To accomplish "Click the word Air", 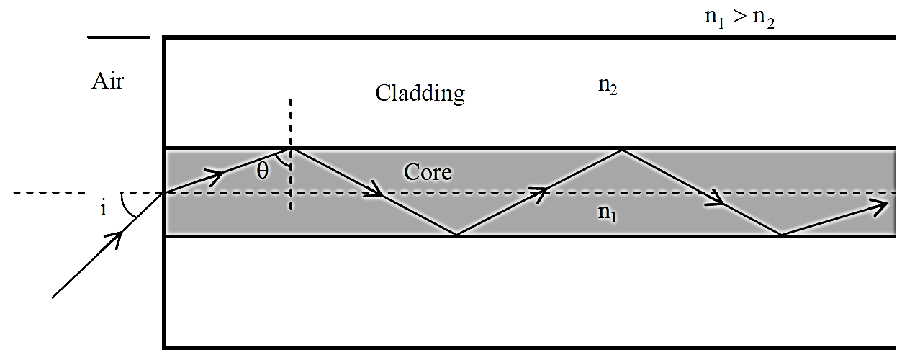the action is [107, 81].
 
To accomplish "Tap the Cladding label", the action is [420, 94].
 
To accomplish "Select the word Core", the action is [428, 172].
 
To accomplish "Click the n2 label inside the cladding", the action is [608, 86].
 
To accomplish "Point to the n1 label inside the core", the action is [607, 213].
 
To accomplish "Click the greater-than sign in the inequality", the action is [739, 18].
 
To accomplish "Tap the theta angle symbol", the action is [263, 171].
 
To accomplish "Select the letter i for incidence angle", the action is [104, 209].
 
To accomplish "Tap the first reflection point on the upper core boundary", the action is [291, 149].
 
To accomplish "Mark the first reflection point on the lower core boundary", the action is [456, 235].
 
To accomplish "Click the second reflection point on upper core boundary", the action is [623, 150].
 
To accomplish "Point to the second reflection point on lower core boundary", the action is [781, 235].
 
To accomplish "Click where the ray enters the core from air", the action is [165, 192].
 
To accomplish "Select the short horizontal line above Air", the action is [119, 37].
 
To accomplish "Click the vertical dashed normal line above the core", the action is [291, 122].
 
